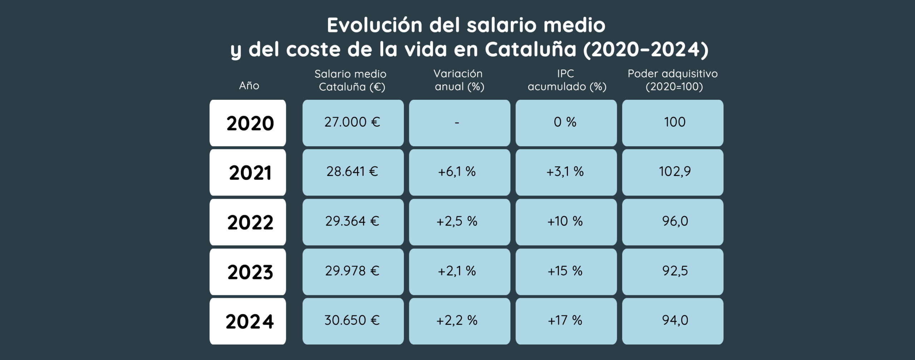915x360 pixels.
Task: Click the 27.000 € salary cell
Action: pyautogui.click(x=353, y=123)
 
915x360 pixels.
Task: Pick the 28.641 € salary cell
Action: pyautogui.click(x=353, y=172)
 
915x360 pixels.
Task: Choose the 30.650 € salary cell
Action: pyautogui.click(x=353, y=321)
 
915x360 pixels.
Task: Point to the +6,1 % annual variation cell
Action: pyautogui.click(x=459, y=172)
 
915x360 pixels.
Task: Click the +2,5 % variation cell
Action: pyautogui.click(x=459, y=222)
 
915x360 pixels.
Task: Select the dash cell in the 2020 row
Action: pyautogui.click(x=459, y=123)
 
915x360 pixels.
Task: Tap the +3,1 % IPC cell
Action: pyautogui.click(x=566, y=172)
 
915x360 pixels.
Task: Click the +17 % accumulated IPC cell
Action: pyautogui.click(x=566, y=321)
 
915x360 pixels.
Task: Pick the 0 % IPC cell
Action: pyautogui.click(x=566, y=123)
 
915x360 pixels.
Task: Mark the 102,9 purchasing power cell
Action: pyautogui.click(x=672, y=172)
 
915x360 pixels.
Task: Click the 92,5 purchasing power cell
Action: pyautogui.click(x=672, y=271)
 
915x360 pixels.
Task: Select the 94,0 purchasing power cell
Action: pyautogui.click(x=672, y=321)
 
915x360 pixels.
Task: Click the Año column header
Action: pyautogui.click(x=249, y=85)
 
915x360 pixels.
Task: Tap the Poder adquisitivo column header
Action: pyautogui.click(x=672, y=80)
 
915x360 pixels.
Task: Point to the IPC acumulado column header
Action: pyautogui.click(x=567, y=80)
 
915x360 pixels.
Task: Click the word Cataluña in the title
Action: pyautogui.click(x=530, y=49)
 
